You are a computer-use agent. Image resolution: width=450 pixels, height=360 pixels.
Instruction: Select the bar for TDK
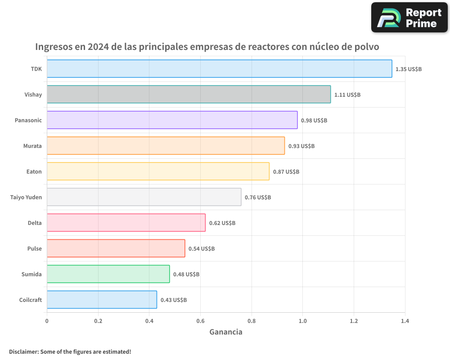pyautogui.click(x=219, y=69)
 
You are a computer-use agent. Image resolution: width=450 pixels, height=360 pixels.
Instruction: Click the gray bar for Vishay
pyautogui.click(x=189, y=94)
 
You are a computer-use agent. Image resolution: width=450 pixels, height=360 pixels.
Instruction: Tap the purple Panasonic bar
pyautogui.click(x=172, y=120)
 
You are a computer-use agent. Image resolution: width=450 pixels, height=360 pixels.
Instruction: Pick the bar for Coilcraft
pyautogui.click(x=102, y=300)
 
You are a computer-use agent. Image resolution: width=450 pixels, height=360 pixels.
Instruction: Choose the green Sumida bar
pyautogui.click(x=108, y=274)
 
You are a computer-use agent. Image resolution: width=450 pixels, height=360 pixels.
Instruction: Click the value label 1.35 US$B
pyautogui.click(x=409, y=69)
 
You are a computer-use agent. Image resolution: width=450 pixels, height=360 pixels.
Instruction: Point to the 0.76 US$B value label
pyautogui.click(x=258, y=198)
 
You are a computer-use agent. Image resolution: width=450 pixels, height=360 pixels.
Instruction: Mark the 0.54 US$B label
pyautogui.click(x=202, y=249)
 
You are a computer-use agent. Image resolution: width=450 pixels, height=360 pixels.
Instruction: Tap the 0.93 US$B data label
pyautogui.click(x=301, y=146)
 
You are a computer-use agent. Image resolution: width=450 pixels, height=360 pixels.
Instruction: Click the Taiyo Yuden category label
pyautogui.click(x=26, y=197)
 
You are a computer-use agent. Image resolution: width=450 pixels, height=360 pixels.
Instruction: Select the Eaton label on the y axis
pyautogui.click(x=34, y=171)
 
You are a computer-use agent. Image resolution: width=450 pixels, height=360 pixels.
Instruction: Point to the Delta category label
pyautogui.click(x=35, y=223)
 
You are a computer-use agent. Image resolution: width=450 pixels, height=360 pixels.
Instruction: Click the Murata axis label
pyautogui.click(x=32, y=146)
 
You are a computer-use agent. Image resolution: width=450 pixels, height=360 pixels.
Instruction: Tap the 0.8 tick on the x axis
pyautogui.click(x=252, y=321)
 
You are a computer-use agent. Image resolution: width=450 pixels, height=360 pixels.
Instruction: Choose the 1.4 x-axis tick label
pyautogui.click(x=405, y=321)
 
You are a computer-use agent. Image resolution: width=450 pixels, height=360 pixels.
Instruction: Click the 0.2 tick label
pyautogui.click(x=98, y=321)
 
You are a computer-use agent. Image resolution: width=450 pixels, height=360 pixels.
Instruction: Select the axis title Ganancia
pyautogui.click(x=226, y=332)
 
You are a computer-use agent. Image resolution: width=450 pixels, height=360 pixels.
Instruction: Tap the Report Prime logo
pyautogui.click(x=409, y=18)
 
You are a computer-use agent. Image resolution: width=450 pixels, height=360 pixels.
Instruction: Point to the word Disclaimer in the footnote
pyautogui.click(x=23, y=351)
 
